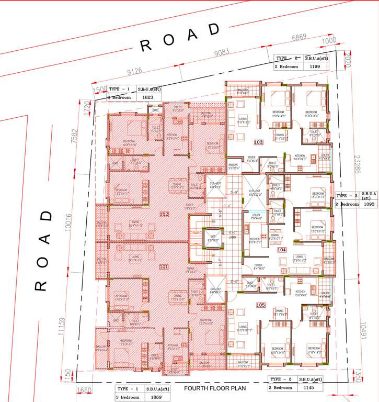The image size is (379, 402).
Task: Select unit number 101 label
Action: click(164, 266)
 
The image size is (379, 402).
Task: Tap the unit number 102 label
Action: click(164, 215)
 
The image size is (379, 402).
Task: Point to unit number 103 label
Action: click(258, 142)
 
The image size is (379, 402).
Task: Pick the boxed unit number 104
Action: click(282, 250)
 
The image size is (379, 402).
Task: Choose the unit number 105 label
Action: click(260, 305)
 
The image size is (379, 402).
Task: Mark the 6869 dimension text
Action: click(298, 37)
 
